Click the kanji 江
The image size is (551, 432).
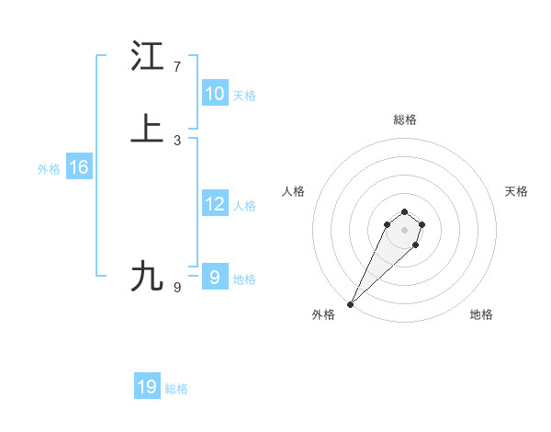(148, 56)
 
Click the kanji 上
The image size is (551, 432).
(148, 129)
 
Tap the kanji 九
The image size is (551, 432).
(148, 276)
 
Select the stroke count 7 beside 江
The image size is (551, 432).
(177, 67)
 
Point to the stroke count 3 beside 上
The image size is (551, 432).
(177, 140)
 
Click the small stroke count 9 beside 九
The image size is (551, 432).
(177, 288)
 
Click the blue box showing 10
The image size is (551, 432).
(214, 94)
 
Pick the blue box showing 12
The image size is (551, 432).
(214, 204)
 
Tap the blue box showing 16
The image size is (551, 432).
(78, 167)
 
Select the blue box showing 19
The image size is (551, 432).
(147, 387)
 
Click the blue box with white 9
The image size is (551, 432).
(214, 278)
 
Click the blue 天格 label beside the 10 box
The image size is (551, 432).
(244, 95)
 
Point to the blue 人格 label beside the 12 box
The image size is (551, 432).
(244, 206)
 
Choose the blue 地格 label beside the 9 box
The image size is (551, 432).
(244, 279)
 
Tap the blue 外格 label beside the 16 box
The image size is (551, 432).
(48, 169)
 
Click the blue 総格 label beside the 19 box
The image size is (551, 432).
(176, 389)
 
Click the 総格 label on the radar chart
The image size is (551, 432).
(405, 119)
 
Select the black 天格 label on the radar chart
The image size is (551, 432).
(516, 191)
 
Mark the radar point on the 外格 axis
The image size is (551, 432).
(351, 303)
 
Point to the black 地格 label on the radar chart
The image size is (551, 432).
(481, 314)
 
